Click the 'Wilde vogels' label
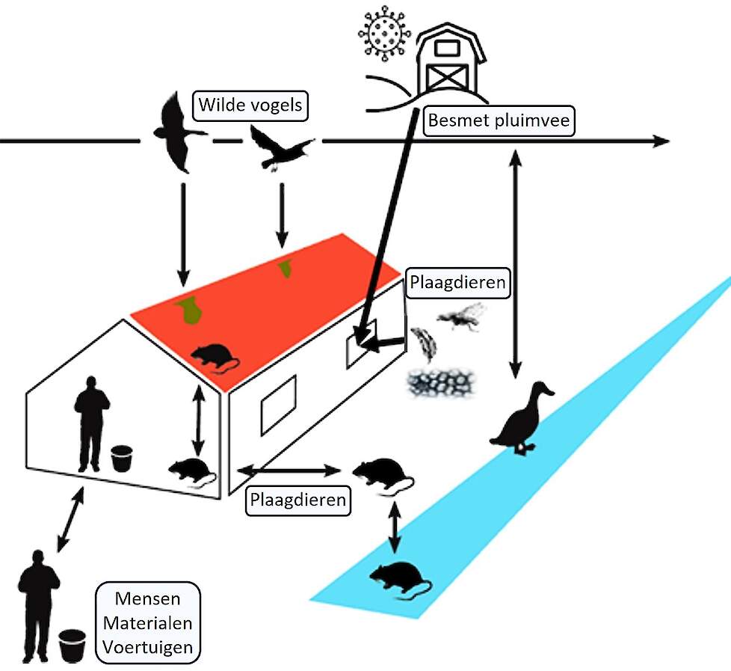coord(250,105)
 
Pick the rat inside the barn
coord(192,472)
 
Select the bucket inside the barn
coord(122,458)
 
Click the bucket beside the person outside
coord(73,646)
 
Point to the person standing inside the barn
coord(91,423)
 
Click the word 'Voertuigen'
coord(148,646)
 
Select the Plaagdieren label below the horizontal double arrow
coord(298,499)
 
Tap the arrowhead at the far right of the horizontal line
coord(661,141)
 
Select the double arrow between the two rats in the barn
coord(198,419)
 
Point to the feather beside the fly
coord(423,343)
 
